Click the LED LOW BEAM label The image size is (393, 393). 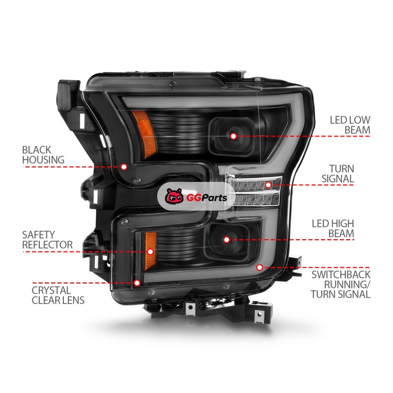click(x=350, y=125)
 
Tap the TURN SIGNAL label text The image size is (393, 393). click(x=338, y=174)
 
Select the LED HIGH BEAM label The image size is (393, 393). click(x=333, y=228)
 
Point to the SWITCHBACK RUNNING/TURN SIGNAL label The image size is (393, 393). click(x=340, y=284)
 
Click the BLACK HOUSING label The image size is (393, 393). click(x=43, y=155)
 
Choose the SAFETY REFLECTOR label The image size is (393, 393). click(x=47, y=240)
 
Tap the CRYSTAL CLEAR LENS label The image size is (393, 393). click(x=58, y=295)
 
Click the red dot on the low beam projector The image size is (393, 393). click(x=233, y=136)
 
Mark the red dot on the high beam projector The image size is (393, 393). click(x=226, y=240)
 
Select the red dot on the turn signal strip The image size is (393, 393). click(x=268, y=185)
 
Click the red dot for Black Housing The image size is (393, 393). click(x=124, y=167)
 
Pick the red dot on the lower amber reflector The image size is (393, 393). click(x=150, y=252)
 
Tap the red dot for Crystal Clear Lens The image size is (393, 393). click(x=137, y=283)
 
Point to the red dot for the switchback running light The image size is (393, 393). click(x=260, y=267)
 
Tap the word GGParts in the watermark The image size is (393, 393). click(x=207, y=198)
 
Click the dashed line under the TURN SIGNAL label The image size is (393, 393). click(x=312, y=185)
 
